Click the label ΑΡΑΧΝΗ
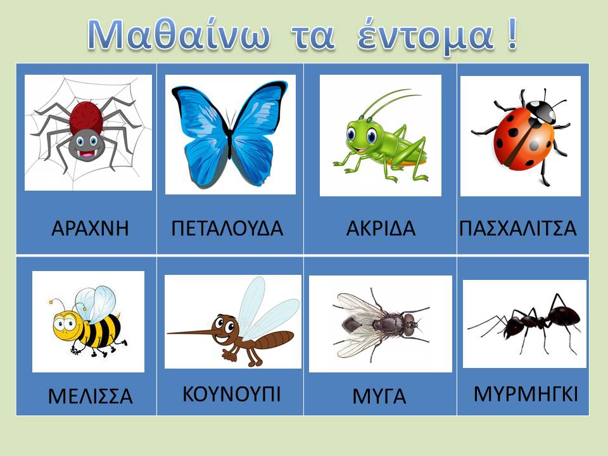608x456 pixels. pyautogui.click(x=90, y=228)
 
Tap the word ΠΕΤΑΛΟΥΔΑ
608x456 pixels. pyautogui.click(x=227, y=228)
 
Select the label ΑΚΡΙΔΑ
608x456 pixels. pyautogui.click(x=381, y=228)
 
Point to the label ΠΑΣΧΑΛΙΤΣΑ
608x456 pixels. pyautogui.click(x=518, y=228)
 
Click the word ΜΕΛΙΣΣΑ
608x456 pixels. pyautogui.click(x=91, y=396)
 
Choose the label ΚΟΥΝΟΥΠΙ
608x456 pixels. pyautogui.click(x=232, y=394)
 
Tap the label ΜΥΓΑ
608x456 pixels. pyautogui.click(x=379, y=396)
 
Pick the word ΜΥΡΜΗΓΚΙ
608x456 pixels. pyautogui.click(x=526, y=394)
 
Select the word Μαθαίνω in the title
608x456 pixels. pyautogui.click(x=179, y=35)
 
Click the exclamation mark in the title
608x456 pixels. pyautogui.click(x=512, y=34)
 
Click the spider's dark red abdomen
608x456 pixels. pyautogui.click(x=87, y=117)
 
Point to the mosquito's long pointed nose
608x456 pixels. pyautogui.click(x=192, y=332)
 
